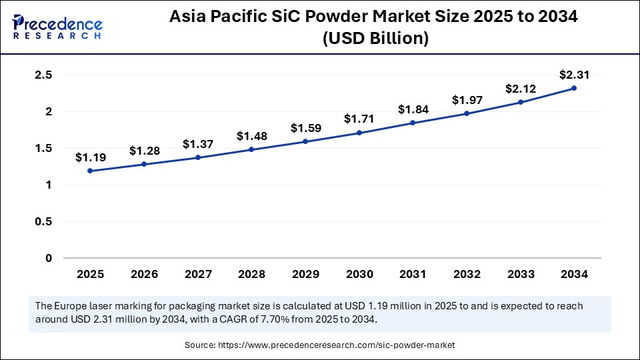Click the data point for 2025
(x=90, y=171)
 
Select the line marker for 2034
(x=574, y=88)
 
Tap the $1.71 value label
(x=359, y=119)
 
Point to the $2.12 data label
(x=520, y=88)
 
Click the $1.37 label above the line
(x=197, y=143)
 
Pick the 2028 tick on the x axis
(x=251, y=274)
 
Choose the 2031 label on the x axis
(x=413, y=274)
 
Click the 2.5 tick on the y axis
(x=43, y=75)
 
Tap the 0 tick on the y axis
(x=48, y=258)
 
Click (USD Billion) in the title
(x=375, y=39)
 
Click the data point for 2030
(x=359, y=133)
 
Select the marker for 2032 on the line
(x=467, y=113)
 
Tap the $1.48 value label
(x=251, y=135)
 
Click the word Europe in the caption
(x=70, y=305)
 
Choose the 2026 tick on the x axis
(x=143, y=274)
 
